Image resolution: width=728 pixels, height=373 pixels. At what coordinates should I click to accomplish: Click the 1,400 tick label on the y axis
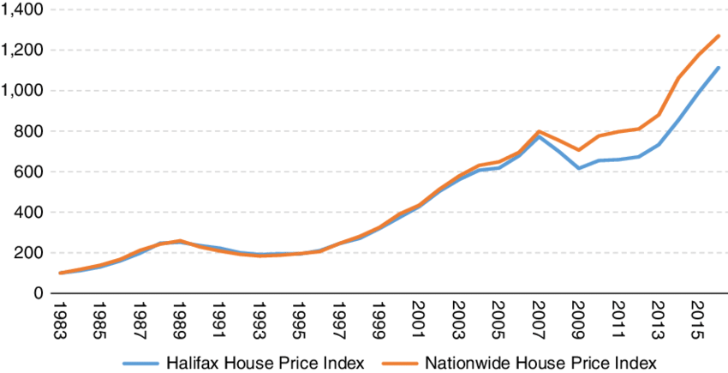(23, 10)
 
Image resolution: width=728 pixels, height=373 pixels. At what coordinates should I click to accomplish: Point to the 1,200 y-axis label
(23, 51)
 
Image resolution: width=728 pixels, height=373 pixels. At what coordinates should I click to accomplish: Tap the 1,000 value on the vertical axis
(23, 91)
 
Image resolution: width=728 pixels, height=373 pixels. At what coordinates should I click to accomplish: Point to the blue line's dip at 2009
(579, 168)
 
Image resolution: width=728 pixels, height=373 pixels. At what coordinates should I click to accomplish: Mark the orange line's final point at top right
(719, 36)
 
